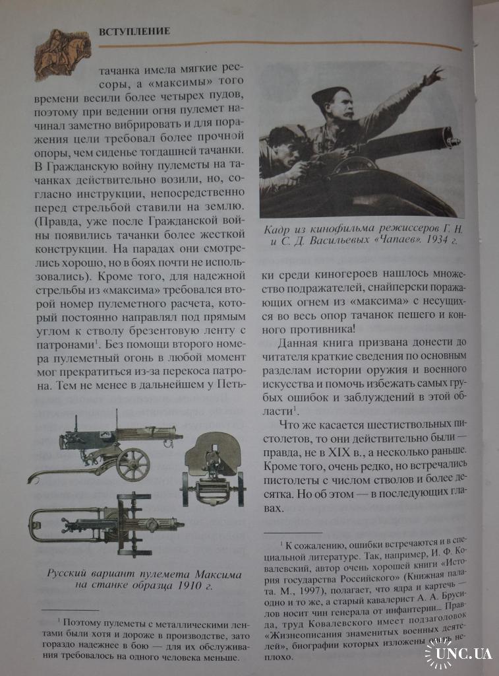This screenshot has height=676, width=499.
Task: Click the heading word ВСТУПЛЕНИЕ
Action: click(x=134, y=31)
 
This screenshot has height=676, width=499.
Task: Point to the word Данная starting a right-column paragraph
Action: click(x=300, y=342)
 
